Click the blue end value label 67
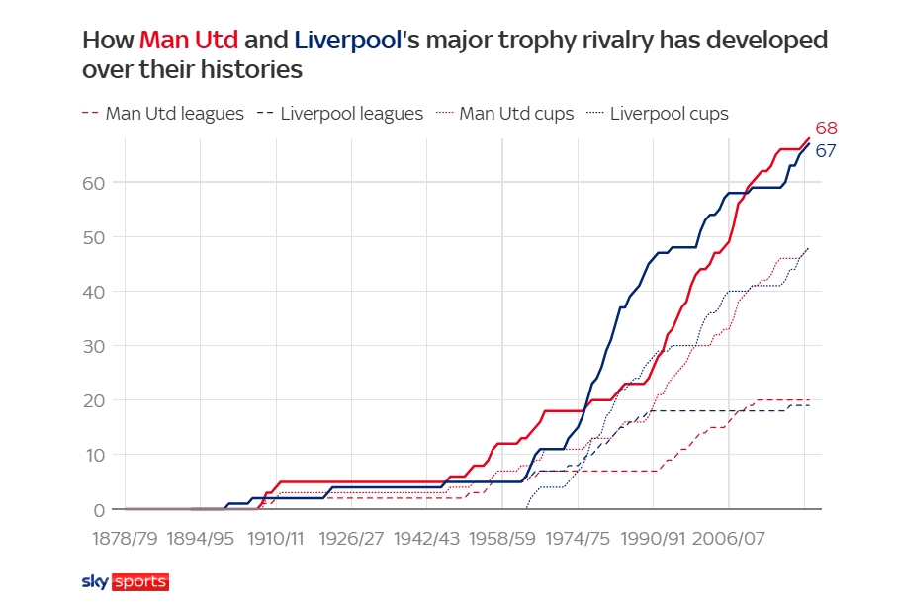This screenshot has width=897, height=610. click(x=826, y=151)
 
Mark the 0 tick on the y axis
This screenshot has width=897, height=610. click(x=98, y=510)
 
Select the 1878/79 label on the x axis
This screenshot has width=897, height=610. click(x=125, y=539)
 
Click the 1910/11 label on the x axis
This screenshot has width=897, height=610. click(x=275, y=539)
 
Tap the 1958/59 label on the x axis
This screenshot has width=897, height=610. click(x=501, y=539)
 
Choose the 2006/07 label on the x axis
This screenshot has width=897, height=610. click(x=728, y=539)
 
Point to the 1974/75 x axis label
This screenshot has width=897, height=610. click(x=577, y=539)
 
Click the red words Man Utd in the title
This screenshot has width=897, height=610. click(x=188, y=41)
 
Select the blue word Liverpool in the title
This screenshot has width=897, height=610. click(x=343, y=41)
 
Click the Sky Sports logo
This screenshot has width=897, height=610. click(x=125, y=582)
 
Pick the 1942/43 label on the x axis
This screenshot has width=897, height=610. click(x=426, y=539)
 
